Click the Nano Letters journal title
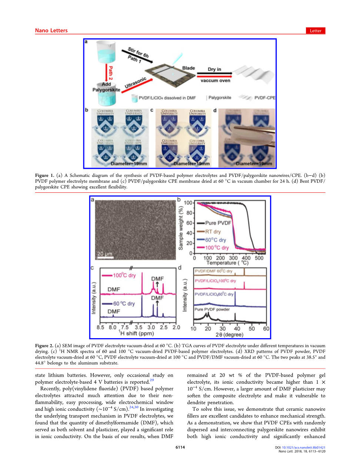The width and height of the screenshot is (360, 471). pyautogui.click(x=51, y=31)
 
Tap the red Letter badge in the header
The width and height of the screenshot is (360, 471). pyautogui.click(x=316, y=31)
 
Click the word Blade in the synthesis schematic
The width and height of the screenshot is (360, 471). pyautogui.click(x=189, y=68)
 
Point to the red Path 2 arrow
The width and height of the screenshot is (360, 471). pyautogui.click(x=110, y=73)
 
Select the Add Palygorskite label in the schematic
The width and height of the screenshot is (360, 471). pyautogui.click(x=106, y=87)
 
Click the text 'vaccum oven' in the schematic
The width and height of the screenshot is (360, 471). pyautogui.click(x=215, y=81)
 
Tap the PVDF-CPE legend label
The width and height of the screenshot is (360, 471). pyautogui.click(x=265, y=98)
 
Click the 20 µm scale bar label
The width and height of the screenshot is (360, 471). pyautogui.click(x=104, y=254)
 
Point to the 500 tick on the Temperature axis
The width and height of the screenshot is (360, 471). pyautogui.click(x=259, y=258)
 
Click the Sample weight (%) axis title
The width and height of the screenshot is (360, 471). pyautogui.click(x=181, y=228)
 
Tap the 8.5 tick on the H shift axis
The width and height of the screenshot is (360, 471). pyautogui.click(x=100, y=327)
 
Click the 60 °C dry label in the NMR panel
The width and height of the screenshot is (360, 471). pyautogui.click(x=124, y=304)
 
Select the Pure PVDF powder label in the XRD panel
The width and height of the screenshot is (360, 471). pyautogui.click(x=212, y=309)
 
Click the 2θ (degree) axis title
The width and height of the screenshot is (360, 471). pyautogui.click(x=229, y=335)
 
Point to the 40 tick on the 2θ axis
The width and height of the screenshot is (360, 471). pyautogui.click(x=237, y=329)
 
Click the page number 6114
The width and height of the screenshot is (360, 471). pyautogui.click(x=180, y=447)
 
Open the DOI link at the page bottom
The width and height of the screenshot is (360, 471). pyautogui.click(x=303, y=447)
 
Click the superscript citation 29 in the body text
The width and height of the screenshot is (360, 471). pyautogui.click(x=152, y=380)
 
